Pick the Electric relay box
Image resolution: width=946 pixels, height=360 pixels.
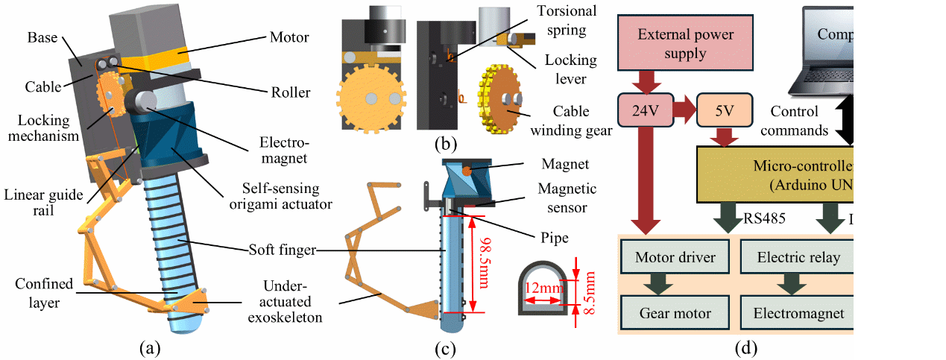click(798, 258)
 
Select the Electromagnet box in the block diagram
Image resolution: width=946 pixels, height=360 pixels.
click(798, 313)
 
